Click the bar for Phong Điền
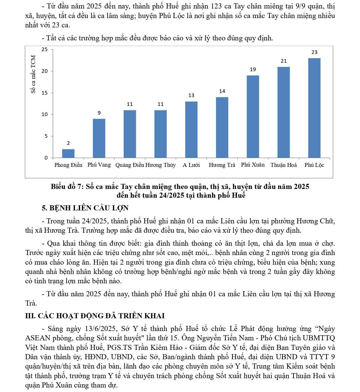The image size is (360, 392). pos(68,153)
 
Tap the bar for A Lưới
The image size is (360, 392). pos(191,130)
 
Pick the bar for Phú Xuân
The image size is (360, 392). pos(253,116)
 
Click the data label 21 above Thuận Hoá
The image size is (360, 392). pos(284,61)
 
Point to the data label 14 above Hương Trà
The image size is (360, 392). pos(222,91)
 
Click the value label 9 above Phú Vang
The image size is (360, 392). pos(99,113)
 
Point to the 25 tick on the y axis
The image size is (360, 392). pos(45,49)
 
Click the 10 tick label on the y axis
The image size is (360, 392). pos(45,114)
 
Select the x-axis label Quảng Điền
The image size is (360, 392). pos(130,165)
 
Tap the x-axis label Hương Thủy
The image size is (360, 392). pos(161,165)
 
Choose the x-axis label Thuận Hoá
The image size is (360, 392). pos(283,165)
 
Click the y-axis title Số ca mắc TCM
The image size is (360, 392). pos(33,74)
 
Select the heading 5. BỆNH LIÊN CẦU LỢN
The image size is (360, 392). pos(85,208)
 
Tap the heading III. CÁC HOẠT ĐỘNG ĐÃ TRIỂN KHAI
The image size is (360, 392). pos(95,316)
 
